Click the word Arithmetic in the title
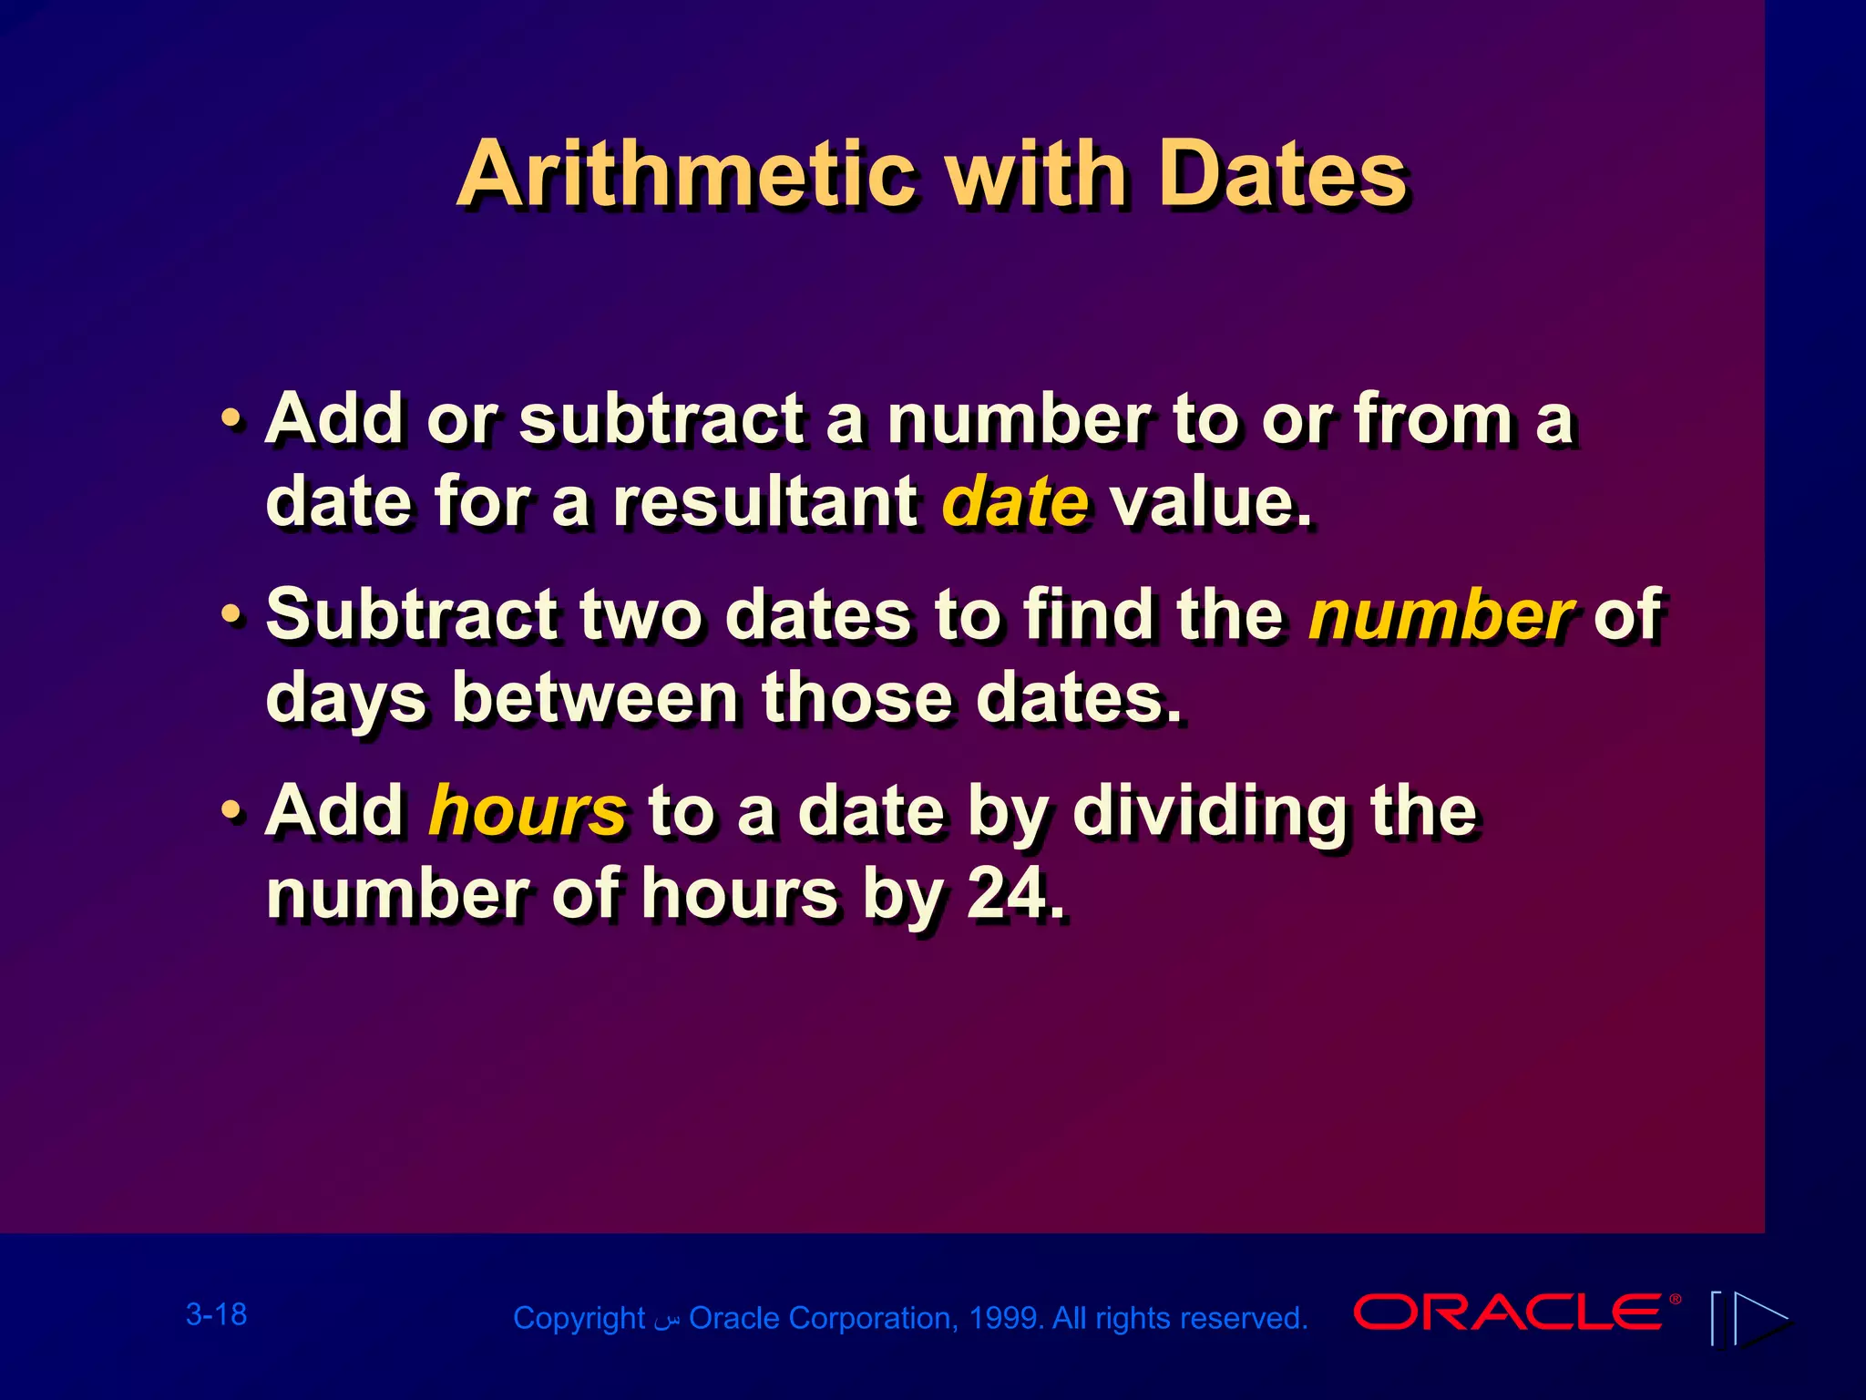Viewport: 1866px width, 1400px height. pos(685,175)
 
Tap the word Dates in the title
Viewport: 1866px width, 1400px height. pos(1283,175)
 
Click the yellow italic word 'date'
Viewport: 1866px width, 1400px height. pos(1014,502)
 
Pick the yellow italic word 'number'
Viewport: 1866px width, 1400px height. pos(1441,615)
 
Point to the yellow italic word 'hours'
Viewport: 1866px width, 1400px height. pos(527,811)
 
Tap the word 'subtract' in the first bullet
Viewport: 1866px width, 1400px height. pos(662,420)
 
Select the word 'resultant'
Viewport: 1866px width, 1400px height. pos(765,502)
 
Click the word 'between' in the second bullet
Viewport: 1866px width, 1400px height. pos(595,698)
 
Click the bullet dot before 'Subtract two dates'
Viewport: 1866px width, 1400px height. pos(232,616)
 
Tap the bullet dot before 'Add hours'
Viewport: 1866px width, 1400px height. pos(232,812)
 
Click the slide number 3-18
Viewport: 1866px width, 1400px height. pos(216,1314)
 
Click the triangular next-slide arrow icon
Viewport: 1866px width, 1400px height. pos(1760,1318)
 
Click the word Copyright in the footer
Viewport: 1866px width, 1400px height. pos(579,1319)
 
